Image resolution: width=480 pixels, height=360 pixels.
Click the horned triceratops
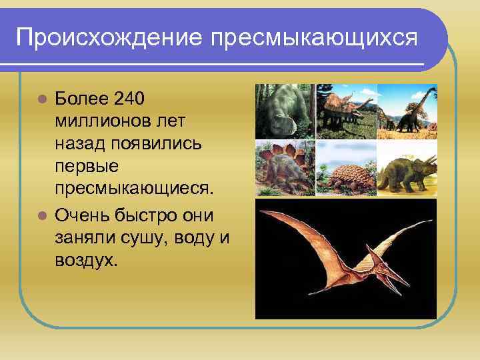click(x=407, y=170)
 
